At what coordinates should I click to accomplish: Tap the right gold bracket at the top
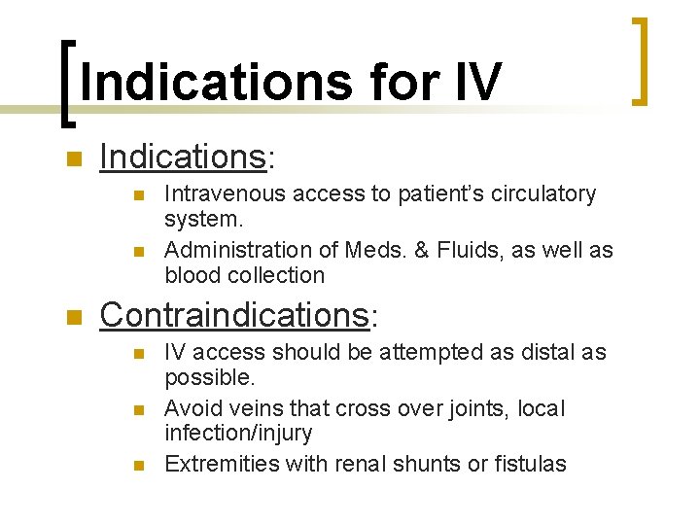point(639,59)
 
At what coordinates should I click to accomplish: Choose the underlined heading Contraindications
point(232,315)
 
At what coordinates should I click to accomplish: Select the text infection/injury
point(239,433)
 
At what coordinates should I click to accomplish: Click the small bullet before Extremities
point(138,466)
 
